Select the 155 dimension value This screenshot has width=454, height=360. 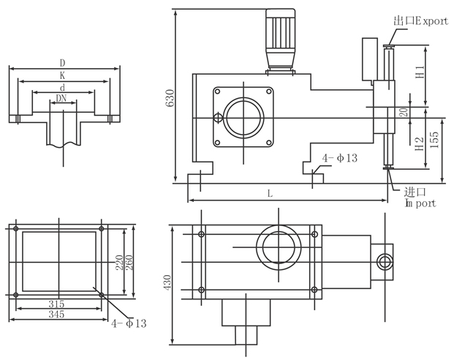(435, 140)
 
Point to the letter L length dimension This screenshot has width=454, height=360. (270, 193)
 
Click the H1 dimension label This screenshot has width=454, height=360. (420, 73)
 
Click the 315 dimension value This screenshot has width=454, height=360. (56, 303)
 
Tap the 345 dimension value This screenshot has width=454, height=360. (56, 314)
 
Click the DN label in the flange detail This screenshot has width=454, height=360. (63, 98)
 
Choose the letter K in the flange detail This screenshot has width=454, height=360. (63, 75)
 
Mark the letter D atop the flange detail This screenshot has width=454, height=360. (63, 64)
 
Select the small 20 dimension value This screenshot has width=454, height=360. (403, 113)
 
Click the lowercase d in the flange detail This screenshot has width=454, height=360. (63, 87)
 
